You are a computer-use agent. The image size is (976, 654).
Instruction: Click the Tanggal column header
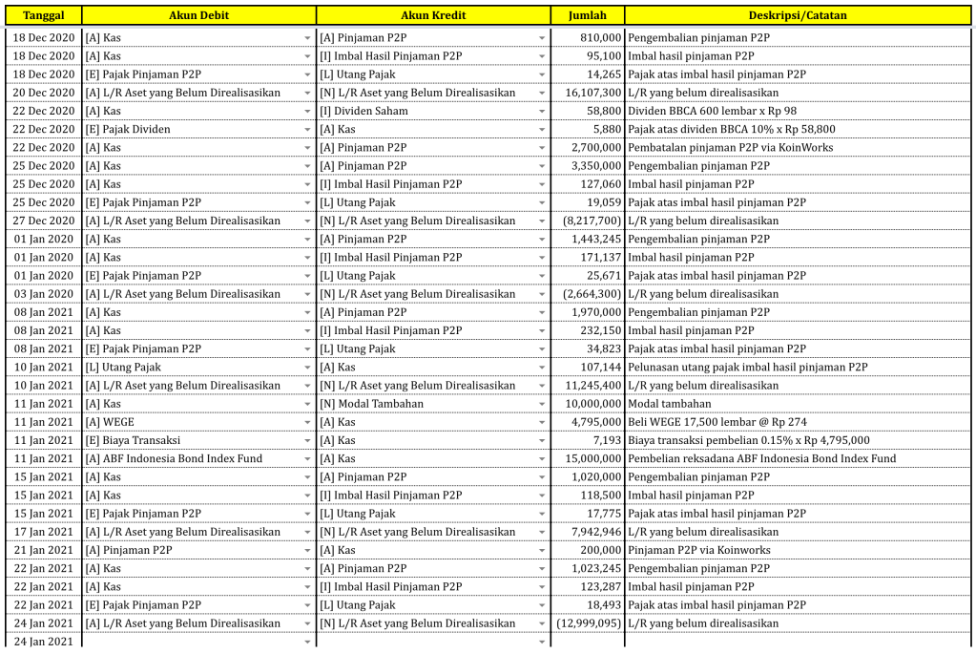44,15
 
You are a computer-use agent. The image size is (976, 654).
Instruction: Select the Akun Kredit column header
434,15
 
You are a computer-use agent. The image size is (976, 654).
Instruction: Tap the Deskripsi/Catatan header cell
798,15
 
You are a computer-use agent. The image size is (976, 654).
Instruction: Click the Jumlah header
587,15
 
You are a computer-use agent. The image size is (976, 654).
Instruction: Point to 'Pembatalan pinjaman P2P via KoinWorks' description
730,147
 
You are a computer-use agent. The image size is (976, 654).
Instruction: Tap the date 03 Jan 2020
43,294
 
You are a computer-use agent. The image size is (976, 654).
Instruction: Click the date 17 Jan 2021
43,532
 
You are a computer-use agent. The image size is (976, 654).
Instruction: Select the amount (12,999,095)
589,623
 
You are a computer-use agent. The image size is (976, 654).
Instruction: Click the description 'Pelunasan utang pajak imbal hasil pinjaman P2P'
747,367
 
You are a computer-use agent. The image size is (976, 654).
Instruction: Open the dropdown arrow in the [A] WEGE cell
307,422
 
